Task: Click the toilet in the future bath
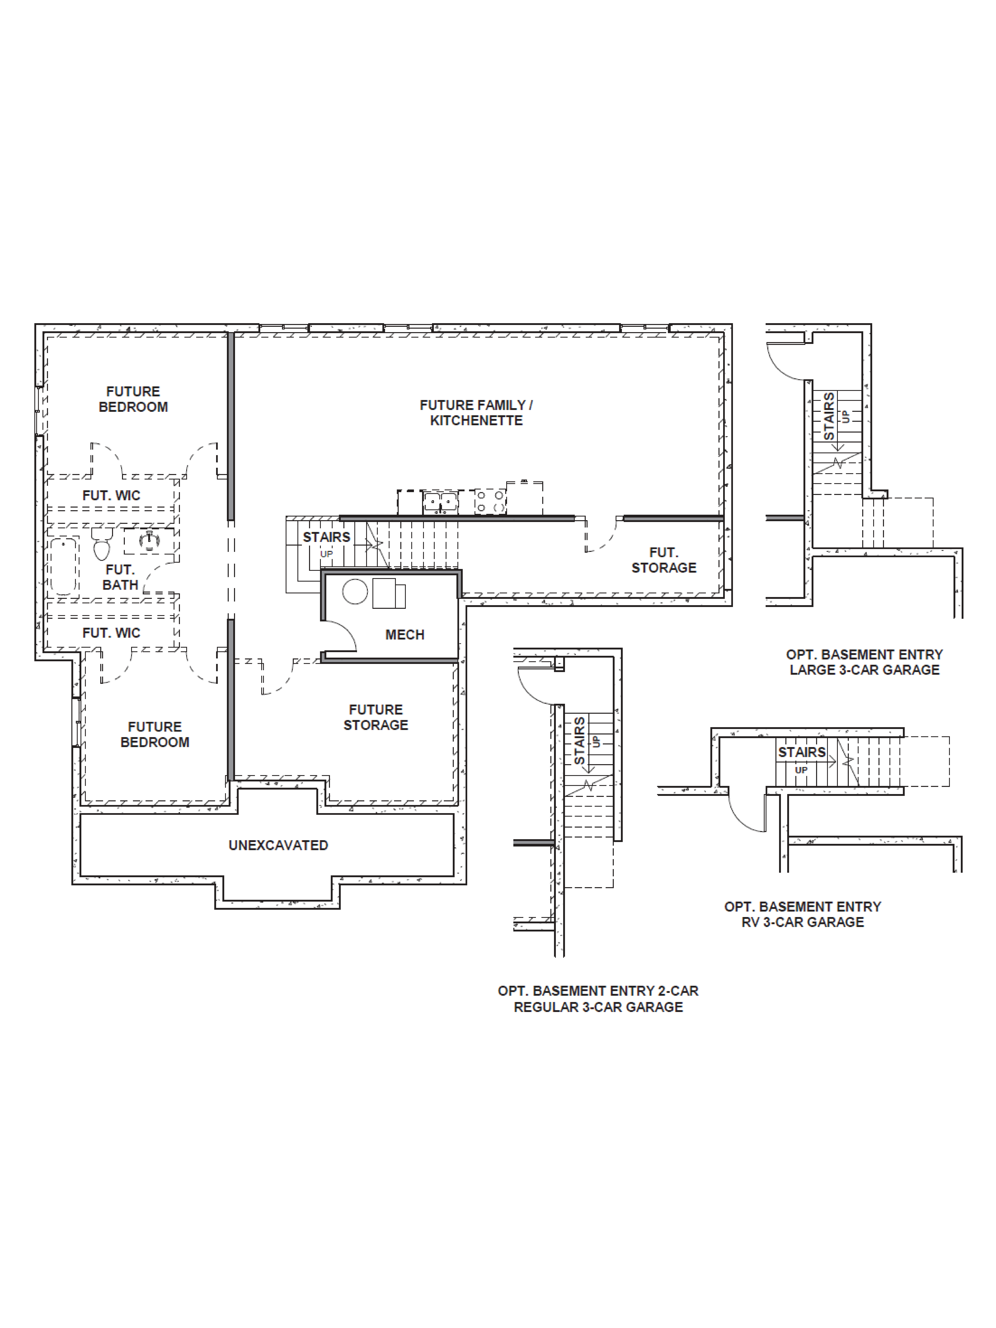(x=102, y=544)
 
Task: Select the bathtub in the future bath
(x=63, y=565)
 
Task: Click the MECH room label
(x=405, y=635)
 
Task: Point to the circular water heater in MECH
(x=355, y=591)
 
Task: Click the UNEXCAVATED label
(x=278, y=845)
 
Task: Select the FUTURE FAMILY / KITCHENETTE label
(x=476, y=413)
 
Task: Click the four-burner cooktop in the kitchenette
(x=490, y=501)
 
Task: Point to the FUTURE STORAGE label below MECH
(x=376, y=717)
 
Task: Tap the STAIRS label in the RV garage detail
(x=801, y=752)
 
